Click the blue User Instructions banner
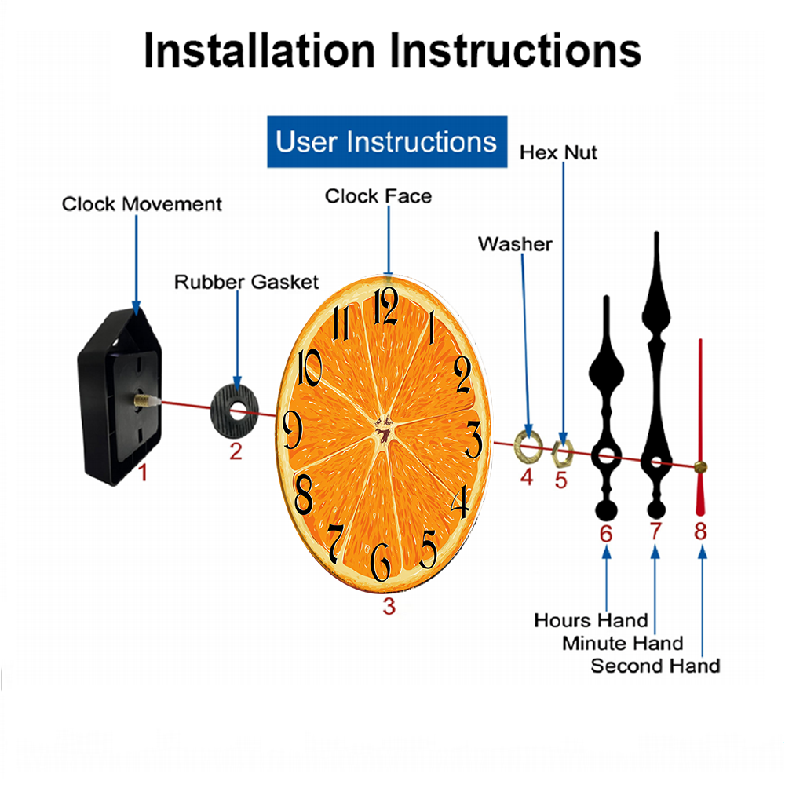[x=387, y=141]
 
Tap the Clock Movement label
[x=141, y=204]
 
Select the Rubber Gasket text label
[x=246, y=282]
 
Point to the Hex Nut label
[x=558, y=153]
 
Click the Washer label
[x=515, y=244]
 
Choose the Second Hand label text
[x=655, y=666]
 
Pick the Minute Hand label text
[x=623, y=644]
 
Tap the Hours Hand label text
[x=591, y=620]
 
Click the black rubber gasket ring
[x=234, y=411]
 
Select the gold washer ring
[x=528, y=446]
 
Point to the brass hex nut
[x=562, y=454]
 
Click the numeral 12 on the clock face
[x=386, y=306]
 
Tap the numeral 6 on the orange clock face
[x=381, y=562]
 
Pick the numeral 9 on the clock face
[x=292, y=429]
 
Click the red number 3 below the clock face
[x=389, y=606]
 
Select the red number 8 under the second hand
[x=700, y=531]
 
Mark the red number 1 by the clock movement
[x=143, y=473]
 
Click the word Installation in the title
[x=259, y=50]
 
